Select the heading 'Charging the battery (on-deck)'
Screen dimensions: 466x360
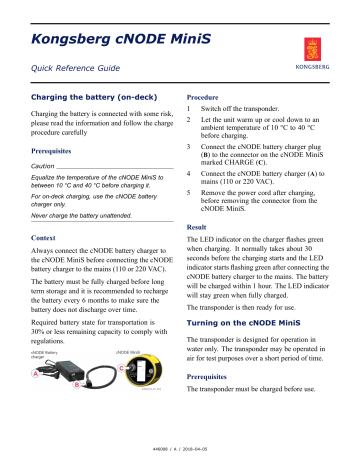click(x=92, y=99)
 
